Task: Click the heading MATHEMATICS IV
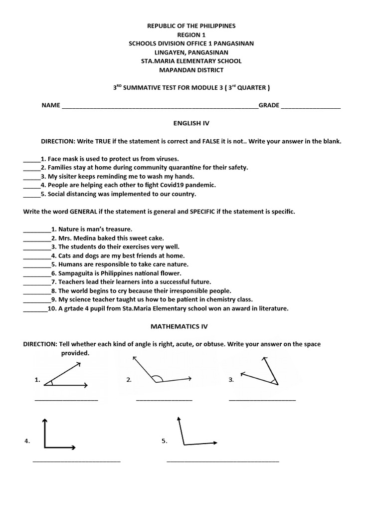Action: pyautogui.click(x=179, y=326)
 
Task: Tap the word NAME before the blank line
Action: pyautogui.click(x=50, y=105)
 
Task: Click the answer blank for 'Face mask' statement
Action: pyautogui.click(x=31, y=159)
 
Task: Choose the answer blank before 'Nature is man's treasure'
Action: pyautogui.click(x=36, y=230)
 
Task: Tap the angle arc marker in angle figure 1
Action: pyautogui.click(x=49, y=383)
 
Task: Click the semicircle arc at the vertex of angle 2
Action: pyautogui.click(x=157, y=378)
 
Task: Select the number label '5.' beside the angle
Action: pyautogui.click(x=164, y=441)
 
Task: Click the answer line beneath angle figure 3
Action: pyautogui.click(x=262, y=400)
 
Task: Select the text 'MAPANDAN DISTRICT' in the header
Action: pyautogui.click(x=191, y=70)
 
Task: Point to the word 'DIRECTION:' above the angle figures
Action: pyautogui.click(x=40, y=344)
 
